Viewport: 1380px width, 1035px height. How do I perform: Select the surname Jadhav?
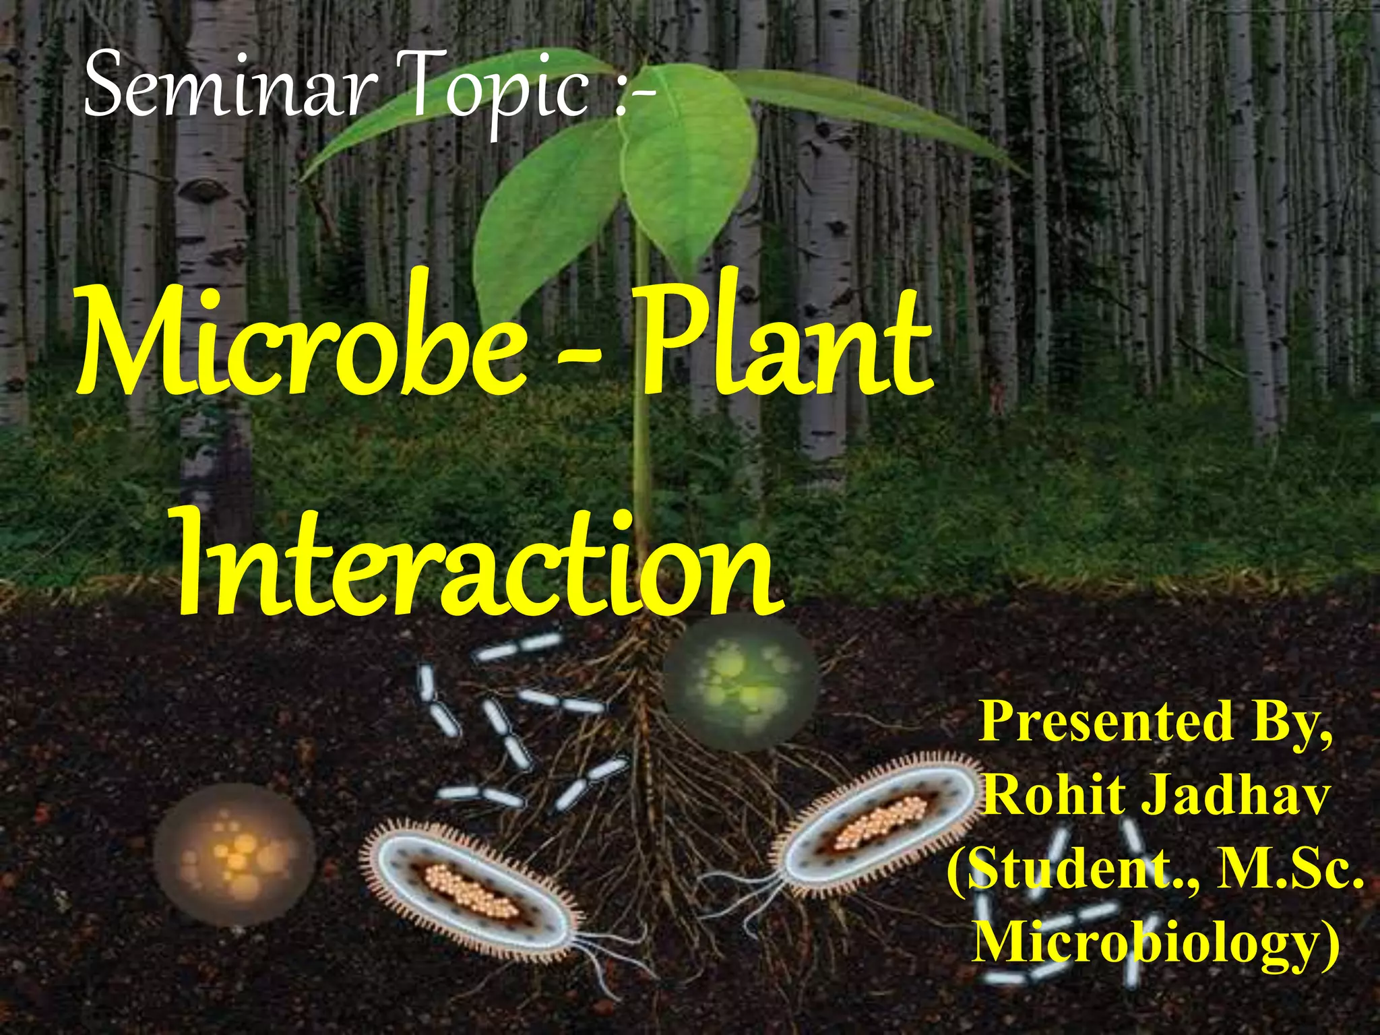pos(1236,795)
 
